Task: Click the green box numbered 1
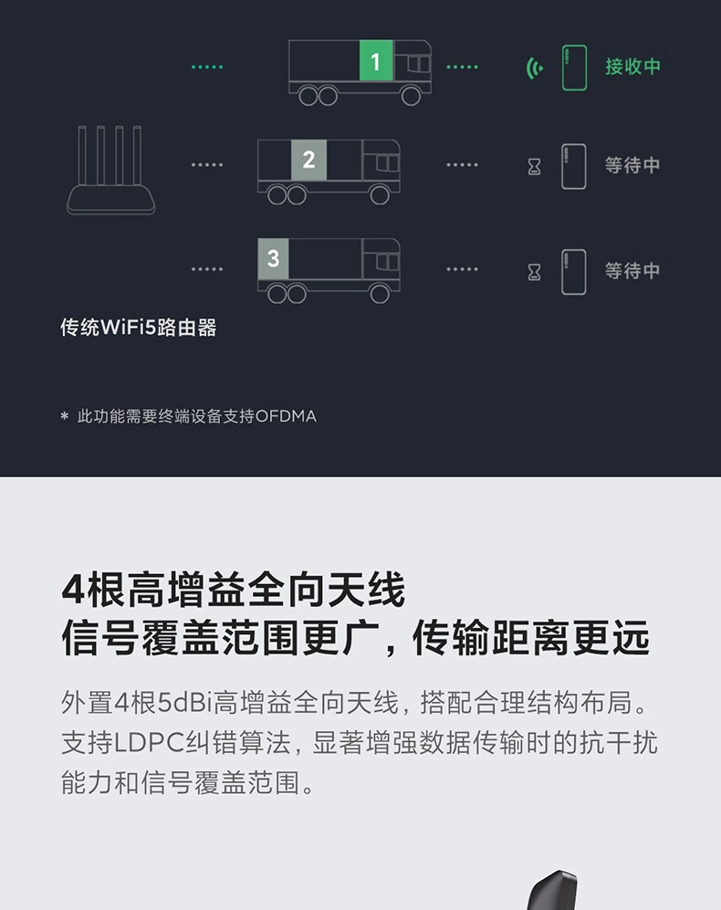(x=376, y=60)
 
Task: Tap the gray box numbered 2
(x=308, y=160)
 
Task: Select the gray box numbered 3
(x=274, y=259)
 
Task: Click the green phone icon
(x=574, y=68)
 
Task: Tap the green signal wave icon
(x=534, y=68)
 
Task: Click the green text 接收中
(x=632, y=66)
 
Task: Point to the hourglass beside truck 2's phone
(x=534, y=167)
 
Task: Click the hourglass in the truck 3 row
(x=534, y=272)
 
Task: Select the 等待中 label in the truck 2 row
(x=632, y=165)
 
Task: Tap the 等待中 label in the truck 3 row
(x=632, y=270)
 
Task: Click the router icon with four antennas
(x=110, y=170)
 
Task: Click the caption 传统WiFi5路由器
(x=139, y=328)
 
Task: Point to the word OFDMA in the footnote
(x=286, y=416)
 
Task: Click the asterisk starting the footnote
(x=65, y=415)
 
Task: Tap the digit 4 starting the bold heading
(x=73, y=590)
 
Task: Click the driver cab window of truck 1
(x=419, y=64)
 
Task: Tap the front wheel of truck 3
(x=380, y=294)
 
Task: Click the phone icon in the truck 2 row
(x=573, y=167)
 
